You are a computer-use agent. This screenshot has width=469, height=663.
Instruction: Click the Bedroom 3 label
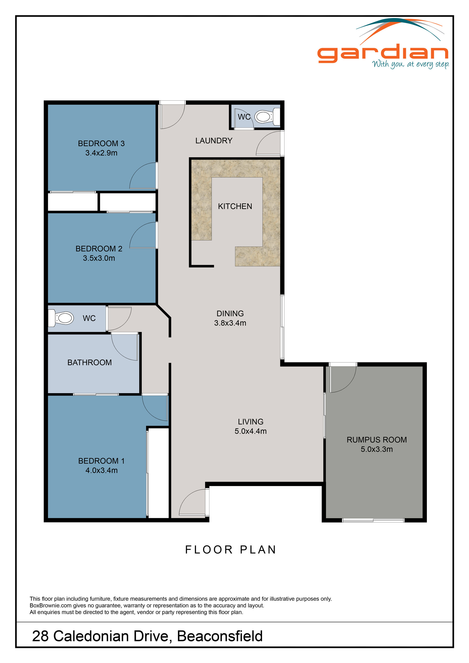pyautogui.click(x=101, y=143)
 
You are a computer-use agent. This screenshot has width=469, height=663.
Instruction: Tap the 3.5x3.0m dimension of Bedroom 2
pyautogui.click(x=99, y=258)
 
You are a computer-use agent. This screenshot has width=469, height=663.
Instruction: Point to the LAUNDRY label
pyautogui.click(x=214, y=141)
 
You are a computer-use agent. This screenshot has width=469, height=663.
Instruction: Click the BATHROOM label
pyautogui.click(x=90, y=362)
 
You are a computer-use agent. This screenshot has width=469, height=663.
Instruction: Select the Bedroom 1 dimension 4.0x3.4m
pyautogui.click(x=101, y=470)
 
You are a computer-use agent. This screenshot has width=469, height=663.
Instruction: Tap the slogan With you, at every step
pyautogui.click(x=410, y=64)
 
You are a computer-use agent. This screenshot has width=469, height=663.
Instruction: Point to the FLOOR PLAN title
pyautogui.click(x=231, y=550)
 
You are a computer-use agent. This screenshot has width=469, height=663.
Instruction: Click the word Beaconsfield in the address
pyautogui.click(x=219, y=636)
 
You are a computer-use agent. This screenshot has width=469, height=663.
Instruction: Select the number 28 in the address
pyautogui.click(x=40, y=636)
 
